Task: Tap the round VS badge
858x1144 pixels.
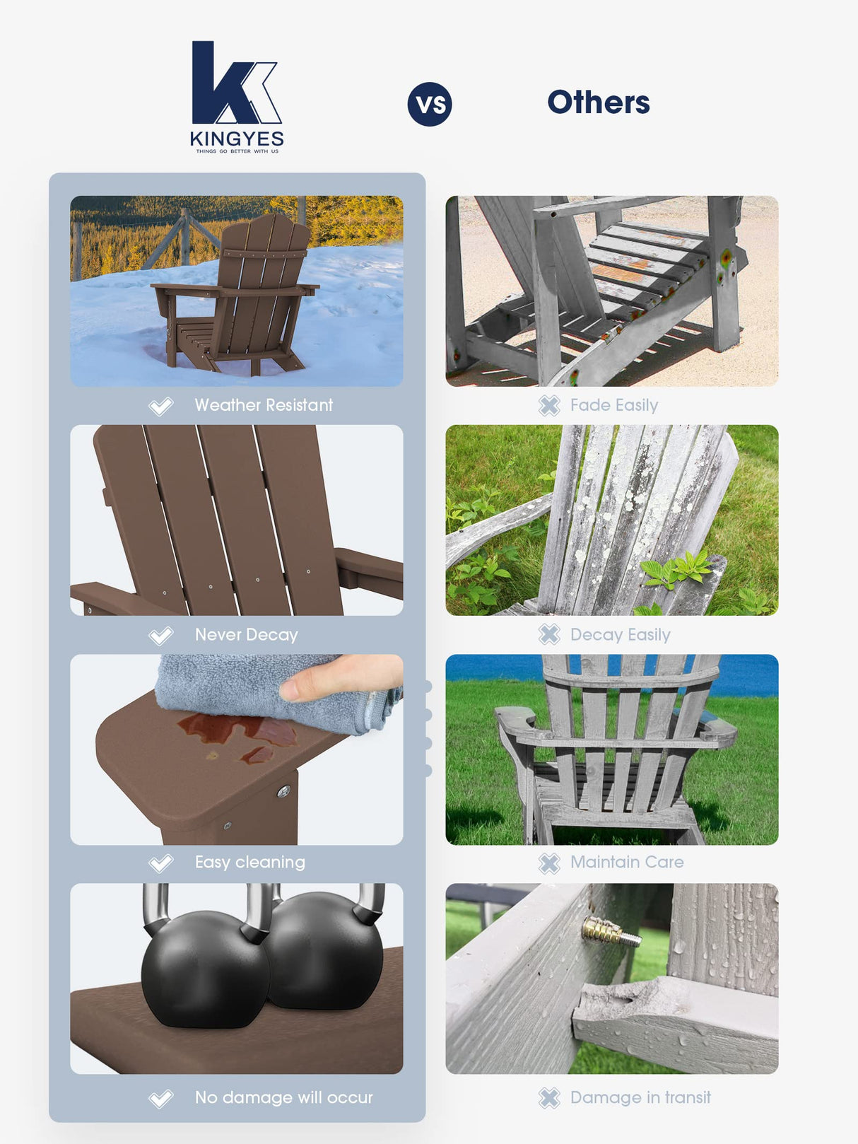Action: [430, 105]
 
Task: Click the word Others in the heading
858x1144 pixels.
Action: [598, 103]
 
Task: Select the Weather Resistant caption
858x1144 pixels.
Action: [264, 405]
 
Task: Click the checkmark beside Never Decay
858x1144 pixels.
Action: [161, 635]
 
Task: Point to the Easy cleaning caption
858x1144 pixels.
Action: [249, 862]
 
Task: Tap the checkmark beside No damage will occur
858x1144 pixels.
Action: [161, 1098]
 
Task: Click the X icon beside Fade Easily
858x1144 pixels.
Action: [549, 405]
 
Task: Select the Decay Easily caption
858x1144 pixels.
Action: [620, 635]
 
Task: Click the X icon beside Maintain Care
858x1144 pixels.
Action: [549, 863]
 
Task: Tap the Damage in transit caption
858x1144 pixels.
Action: [640, 1097]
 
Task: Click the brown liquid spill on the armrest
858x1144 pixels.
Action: [240, 732]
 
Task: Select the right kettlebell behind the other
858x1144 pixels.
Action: [329, 947]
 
